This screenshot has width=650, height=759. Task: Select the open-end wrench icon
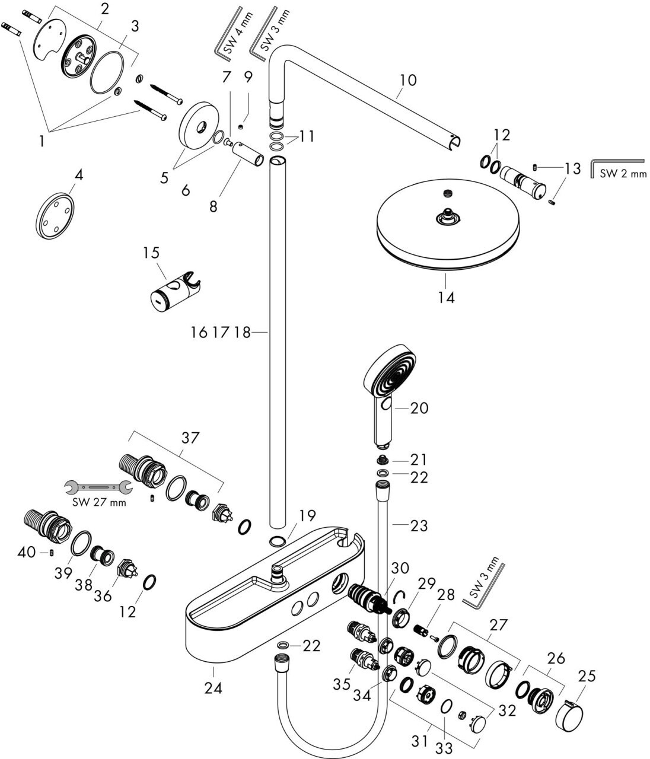click(98, 487)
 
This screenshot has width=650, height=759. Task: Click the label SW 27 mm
click(99, 502)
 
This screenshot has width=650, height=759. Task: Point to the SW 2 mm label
click(623, 173)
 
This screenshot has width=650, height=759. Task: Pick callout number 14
click(446, 298)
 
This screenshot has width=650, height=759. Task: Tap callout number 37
click(190, 438)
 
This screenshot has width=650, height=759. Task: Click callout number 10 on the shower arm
click(407, 80)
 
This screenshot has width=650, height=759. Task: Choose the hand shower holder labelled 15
click(176, 292)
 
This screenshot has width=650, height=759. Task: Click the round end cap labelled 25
click(569, 714)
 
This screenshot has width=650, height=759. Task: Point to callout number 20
click(419, 408)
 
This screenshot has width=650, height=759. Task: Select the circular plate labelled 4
click(55, 216)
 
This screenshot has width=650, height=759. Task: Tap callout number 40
click(27, 552)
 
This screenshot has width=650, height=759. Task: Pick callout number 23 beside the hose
click(419, 525)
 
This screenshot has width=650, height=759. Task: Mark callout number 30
click(400, 568)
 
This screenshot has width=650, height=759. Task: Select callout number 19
click(307, 515)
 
